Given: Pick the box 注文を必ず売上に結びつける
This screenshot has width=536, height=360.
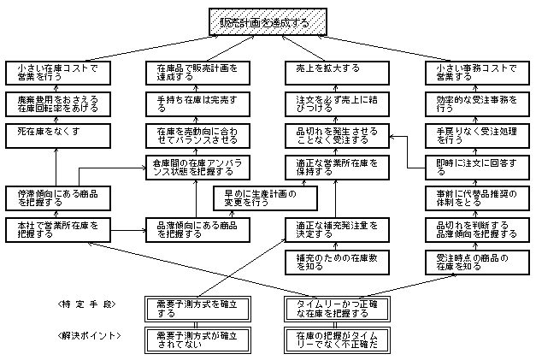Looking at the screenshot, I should coord(333,103).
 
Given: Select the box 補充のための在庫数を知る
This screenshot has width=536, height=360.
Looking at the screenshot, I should coord(333,261).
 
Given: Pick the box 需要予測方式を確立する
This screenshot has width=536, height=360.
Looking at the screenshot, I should coord(197,307).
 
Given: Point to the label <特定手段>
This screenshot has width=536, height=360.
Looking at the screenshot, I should coord(85,305).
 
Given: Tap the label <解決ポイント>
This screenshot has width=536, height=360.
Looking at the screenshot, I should coord(85,335).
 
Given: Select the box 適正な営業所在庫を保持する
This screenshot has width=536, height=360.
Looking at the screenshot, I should coord(333,166).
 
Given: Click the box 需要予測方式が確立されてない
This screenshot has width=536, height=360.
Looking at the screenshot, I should coord(197,339).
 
